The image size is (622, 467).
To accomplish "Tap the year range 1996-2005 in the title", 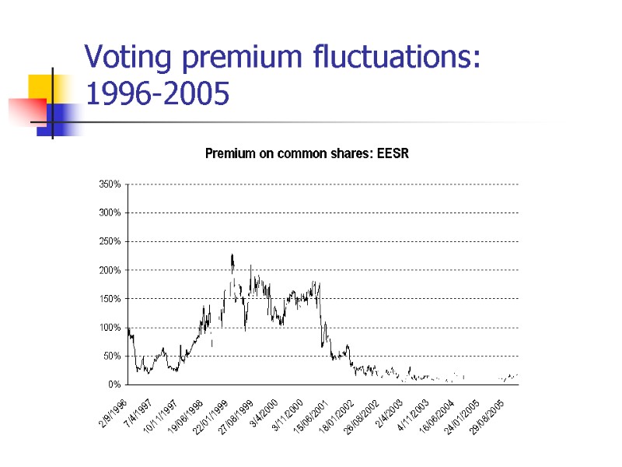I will tap(157, 95).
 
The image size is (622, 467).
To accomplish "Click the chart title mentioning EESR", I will tap(306, 153).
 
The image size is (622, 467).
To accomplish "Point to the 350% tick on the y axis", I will tap(110, 184).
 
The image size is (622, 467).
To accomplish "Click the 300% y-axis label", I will tap(110, 212).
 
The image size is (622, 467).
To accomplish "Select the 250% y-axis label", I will tap(110, 241).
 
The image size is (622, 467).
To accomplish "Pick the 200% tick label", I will tap(110, 270).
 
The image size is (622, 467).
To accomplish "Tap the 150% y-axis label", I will tap(110, 299).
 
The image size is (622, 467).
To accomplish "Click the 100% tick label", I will tap(110, 328).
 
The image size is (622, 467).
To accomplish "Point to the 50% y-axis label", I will tap(112, 356).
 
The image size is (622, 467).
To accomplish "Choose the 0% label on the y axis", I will tap(114, 384).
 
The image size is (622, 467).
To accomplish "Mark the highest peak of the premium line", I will tap(232, 255).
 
